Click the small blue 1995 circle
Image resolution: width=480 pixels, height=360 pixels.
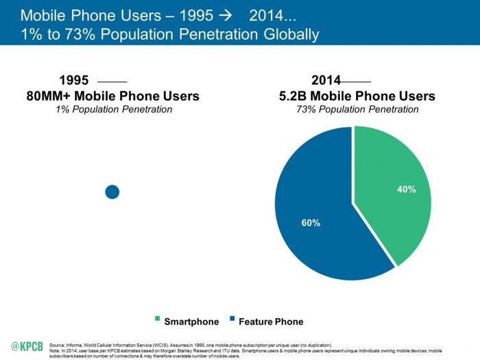click(x=112, y=192)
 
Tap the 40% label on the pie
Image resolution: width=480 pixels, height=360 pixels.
click(x=407, y=189)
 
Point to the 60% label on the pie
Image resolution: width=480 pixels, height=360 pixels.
click(x=311, y=223)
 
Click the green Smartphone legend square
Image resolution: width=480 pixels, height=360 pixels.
click(x=157, y=318)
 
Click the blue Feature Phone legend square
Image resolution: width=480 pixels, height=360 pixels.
click(x=232, y=318)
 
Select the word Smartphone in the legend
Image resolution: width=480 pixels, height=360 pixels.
click(x=191, y=322)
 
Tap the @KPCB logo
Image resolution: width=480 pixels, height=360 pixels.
click(x=27, y=346)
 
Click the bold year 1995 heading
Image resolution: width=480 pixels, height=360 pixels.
click(x=74, y=80)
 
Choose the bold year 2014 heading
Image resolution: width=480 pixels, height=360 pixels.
click(x=326, y=80)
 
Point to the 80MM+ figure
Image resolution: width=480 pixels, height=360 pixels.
click(x=49, y=96)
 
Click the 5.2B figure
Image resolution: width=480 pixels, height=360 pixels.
click(x=293, y=96)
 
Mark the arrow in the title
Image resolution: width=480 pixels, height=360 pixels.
click(x=226, y=16)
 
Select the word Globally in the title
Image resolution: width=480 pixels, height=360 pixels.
click(x=291, y=34)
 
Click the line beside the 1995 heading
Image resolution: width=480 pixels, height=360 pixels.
click(x=112, y=82)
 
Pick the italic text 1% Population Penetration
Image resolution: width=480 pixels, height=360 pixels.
click(x=114, y=109)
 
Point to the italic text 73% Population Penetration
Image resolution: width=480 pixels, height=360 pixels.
click(x=357, y=109)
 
